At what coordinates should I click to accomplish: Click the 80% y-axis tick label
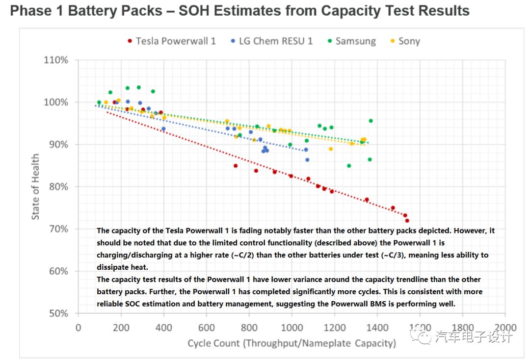coord(58,187)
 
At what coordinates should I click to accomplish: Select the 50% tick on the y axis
coord(58,313)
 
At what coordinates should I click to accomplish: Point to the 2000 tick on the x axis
coord(505,328)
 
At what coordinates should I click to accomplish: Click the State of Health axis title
coord(36,187)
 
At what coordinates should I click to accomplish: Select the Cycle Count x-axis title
coord(291,343)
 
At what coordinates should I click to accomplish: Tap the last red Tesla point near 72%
coord(407,221)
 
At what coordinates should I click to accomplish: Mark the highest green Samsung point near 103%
coord(138,87)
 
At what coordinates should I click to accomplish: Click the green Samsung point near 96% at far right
coord(371,121)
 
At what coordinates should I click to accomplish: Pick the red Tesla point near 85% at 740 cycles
coord(236,166)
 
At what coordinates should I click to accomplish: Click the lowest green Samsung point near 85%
coord(349,166)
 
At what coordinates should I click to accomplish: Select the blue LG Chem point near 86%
coord(307,160)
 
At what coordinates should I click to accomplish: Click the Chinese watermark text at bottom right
coord(474,336)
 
